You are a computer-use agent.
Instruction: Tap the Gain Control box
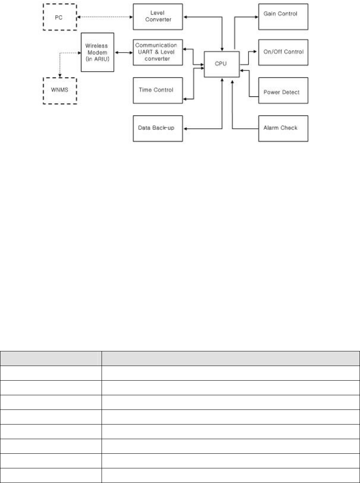[283, 16]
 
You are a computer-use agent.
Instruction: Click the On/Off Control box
[283, 52]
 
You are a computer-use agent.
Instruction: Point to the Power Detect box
[283, 92]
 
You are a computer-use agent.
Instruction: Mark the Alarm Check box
[283, 128]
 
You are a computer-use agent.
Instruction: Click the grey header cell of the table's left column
[51, 358]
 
